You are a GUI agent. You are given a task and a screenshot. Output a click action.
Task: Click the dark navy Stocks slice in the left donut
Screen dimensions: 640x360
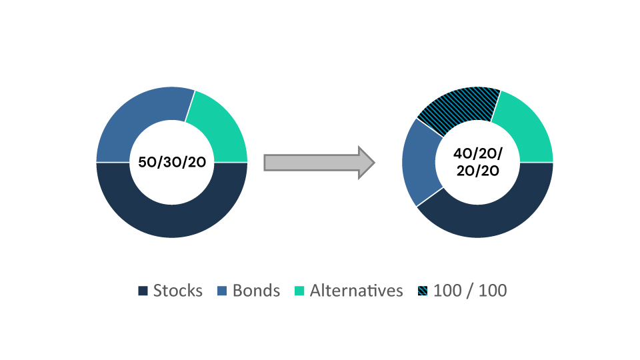(172, 221)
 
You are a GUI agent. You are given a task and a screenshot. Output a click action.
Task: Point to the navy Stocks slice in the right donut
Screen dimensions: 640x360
(490, 221)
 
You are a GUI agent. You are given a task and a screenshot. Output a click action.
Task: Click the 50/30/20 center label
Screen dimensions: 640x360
(172, 162)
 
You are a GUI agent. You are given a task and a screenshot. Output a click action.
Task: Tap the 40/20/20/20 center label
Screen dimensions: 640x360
(477, 162)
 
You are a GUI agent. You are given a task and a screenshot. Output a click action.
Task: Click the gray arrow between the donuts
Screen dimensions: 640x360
(319, 163)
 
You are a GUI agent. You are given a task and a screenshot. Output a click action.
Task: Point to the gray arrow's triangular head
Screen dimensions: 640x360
(366, 163)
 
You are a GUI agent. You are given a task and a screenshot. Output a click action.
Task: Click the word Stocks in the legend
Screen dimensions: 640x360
(177, 291)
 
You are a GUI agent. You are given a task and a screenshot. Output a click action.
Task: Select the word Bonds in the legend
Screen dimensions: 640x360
(256, 291)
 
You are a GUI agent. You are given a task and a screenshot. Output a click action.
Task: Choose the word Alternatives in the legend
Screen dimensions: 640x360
(356, 291)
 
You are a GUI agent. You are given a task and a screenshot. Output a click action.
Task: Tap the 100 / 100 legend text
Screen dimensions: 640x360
(470, 291)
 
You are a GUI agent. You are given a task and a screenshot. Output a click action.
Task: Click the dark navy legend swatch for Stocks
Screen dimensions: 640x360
(143, 291)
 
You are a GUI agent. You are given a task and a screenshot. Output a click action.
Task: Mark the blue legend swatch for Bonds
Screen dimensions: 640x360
(222, 291)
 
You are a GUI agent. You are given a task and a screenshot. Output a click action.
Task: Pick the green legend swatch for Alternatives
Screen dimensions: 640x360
(299, 291)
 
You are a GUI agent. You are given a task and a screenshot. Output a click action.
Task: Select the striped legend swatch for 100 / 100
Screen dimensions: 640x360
(423, 291)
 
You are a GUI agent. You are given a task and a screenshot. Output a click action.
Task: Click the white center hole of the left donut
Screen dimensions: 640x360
(172, 184)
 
